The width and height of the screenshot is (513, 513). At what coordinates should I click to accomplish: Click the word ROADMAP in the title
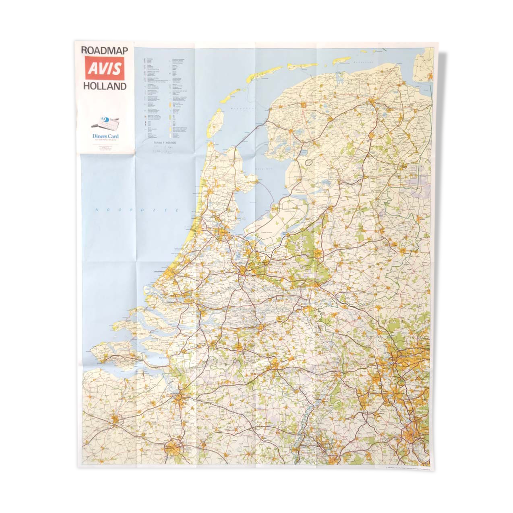104,50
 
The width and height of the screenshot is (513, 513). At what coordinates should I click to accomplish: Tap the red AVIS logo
105,68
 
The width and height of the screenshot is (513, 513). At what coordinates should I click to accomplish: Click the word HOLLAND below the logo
105,86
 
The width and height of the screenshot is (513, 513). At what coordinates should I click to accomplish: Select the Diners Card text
105,136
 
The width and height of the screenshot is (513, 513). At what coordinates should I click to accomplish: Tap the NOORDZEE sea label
137,210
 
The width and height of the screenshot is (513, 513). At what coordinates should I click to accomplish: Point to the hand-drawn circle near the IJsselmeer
309,162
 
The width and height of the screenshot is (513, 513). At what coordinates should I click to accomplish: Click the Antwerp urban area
180,398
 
